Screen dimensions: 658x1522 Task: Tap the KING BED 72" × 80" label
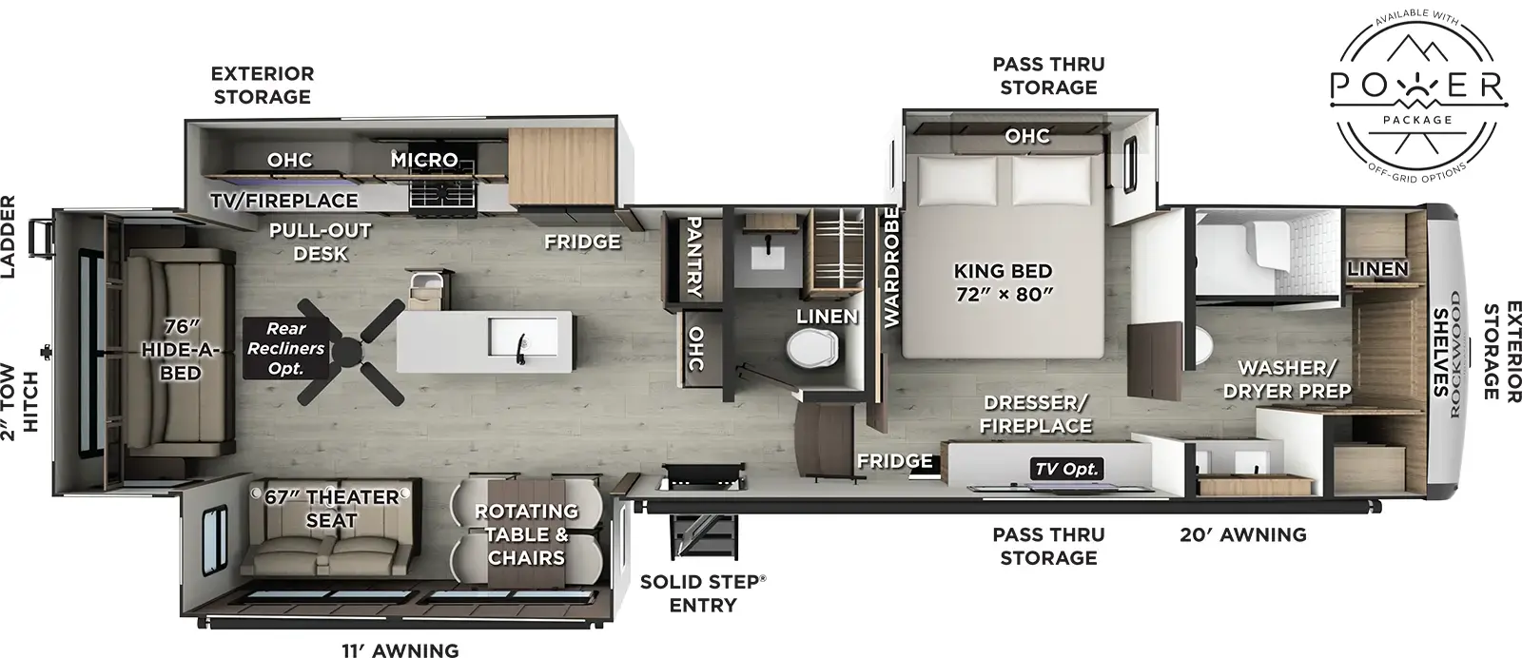point(1003,282)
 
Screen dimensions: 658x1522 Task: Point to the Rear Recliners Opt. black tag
point(285,348)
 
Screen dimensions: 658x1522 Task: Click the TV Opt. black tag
point(1066,468)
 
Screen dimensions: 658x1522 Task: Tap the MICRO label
point(424,160)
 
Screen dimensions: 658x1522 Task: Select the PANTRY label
point(694,256)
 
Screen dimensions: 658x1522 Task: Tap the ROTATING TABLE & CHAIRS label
point(526,534)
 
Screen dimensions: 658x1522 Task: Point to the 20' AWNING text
point(1242,534)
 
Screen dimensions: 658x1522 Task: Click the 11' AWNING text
point(400,650)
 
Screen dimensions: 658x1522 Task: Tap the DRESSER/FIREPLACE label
point(1036,415)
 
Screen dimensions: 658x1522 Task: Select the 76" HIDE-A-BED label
point(180,349)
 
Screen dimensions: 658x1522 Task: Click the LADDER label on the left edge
point(9,237)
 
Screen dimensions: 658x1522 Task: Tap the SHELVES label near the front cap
point(1441,352)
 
